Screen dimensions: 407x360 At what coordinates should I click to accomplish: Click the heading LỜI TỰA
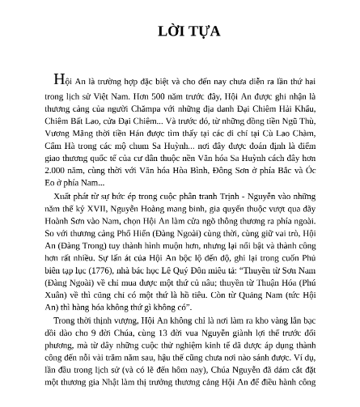(180, 34)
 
